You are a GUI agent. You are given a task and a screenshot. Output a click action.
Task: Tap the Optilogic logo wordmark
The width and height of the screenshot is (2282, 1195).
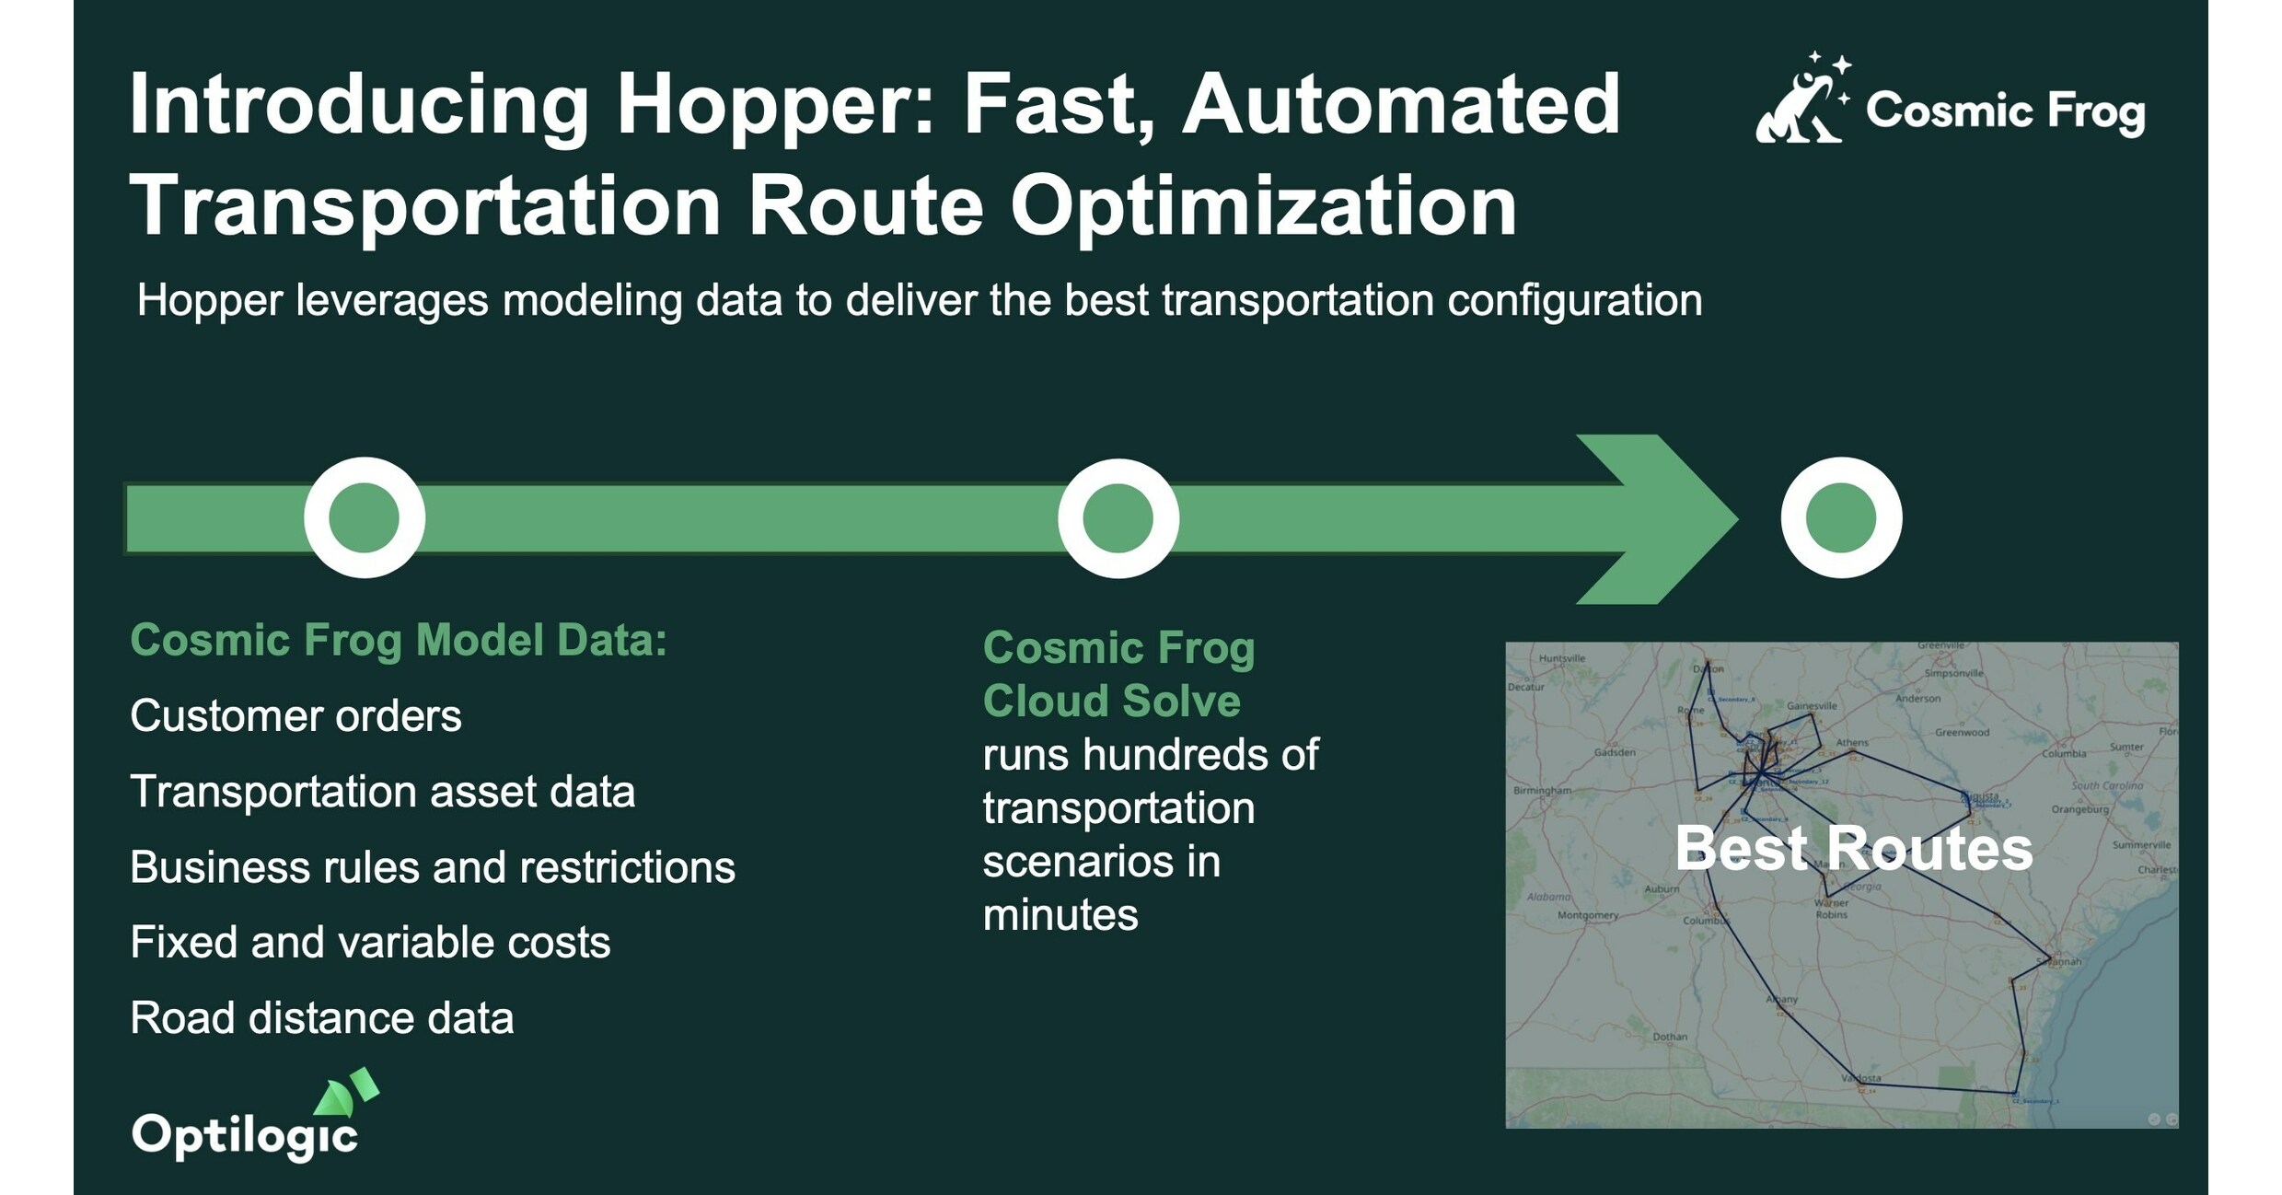tap(245, 1134)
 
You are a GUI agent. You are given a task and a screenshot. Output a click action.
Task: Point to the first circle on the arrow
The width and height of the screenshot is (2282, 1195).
tap(365, 517)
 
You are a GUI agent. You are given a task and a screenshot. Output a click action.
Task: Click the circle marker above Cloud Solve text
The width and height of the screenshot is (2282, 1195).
tap(1118, 517)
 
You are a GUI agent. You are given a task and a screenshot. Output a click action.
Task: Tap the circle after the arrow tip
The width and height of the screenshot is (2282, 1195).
tap(1841, 517)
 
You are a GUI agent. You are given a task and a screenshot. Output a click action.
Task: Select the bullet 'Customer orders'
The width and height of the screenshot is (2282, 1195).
tap(295, 716)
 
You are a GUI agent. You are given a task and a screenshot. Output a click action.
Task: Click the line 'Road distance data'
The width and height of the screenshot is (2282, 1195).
tap(321, 1018)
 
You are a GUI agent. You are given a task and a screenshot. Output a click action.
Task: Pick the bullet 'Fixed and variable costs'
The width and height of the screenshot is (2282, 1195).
tap(370, 943)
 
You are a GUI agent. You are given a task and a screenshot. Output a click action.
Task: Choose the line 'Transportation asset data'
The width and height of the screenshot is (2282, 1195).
tap(382, 792)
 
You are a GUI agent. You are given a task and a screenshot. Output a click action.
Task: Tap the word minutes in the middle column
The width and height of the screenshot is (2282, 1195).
tap(1060, 915)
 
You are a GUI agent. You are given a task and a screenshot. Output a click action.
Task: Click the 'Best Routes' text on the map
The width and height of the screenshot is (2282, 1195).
tap(1853, 848)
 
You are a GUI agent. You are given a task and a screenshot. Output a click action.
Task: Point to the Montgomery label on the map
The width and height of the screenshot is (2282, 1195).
tap(1587, 915)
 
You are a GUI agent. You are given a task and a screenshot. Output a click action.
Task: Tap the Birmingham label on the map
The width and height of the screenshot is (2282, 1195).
tap(1542, 790)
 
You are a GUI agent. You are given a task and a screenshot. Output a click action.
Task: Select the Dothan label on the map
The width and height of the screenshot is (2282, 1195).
tap(1670, 1037)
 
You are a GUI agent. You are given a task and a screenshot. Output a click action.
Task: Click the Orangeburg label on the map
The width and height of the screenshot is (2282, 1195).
tap(2079, 809)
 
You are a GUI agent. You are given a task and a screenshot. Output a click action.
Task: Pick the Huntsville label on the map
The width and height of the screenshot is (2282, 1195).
tap(1562, 658)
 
